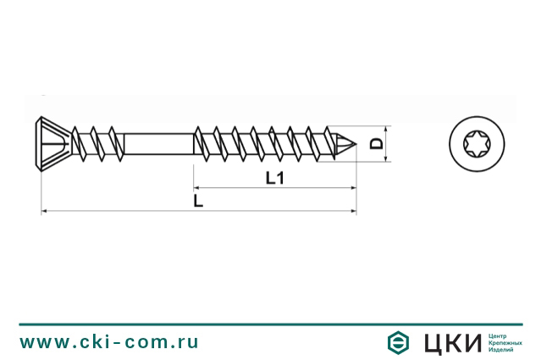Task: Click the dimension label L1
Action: pyautogui.click(x=273, y=178)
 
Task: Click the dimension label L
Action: pyautogui.click(x=197, y=201)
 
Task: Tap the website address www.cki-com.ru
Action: pyautogui.click(x=109, y=341)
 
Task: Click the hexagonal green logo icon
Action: pyautogui.click(x=395, y=342)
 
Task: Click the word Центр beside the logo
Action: pyautogui.click(x=499, y=335)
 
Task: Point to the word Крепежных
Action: pyautogui.click(x=505, y=342)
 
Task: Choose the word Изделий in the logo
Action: pyautogui.click(x=502, y=350)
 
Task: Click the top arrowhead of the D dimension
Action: pyautogui.click(x=387, y=129)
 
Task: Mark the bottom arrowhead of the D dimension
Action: pyautogui.click(x=387, y=157)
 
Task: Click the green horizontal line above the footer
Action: pyautogui.click(x=270, y=324)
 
